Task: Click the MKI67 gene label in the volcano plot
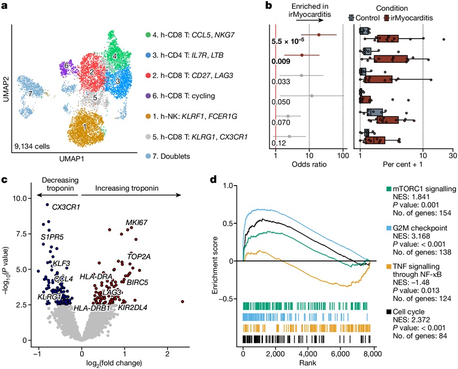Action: [137, 222]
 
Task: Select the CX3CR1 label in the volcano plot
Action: [66, 207]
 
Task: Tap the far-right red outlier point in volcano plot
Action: [182, 302]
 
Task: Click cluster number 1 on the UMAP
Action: [85, 128]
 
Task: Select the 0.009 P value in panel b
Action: [280, 61]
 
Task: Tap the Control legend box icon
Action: [351, 18]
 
